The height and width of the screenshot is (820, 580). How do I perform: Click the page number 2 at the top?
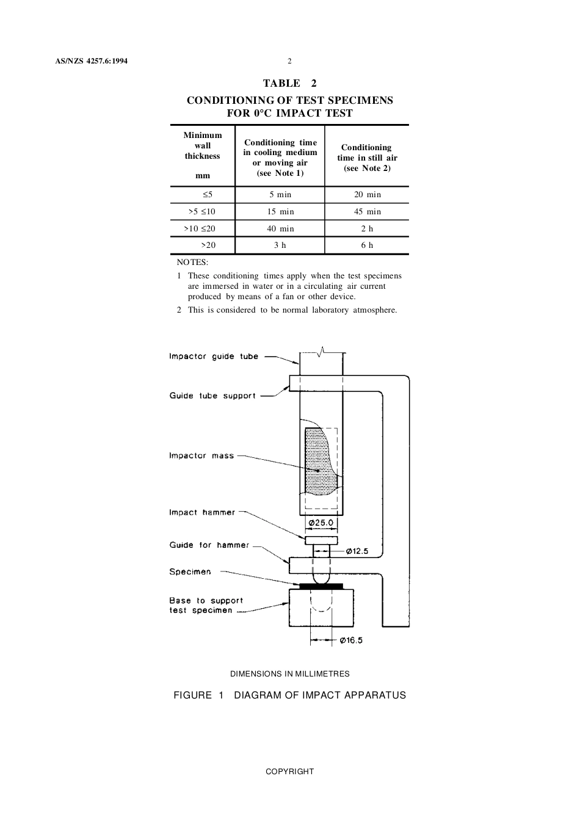pyautogui.click(x=289, y=61)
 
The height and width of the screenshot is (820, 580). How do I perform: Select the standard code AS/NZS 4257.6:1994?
pyautogui.click(x=87, y=61)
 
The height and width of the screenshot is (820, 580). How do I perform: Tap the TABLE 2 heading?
pyautogui.click(x=290, y=84)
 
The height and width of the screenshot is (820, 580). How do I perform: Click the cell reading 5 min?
pyautogui.click(x=280, y=195)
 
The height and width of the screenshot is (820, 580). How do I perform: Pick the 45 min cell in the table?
pyautogui.click(x=367, y=212)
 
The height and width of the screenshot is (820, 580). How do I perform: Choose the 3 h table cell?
pyautogui.click(x=280, y=245)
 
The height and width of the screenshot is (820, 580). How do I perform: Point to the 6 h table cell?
pyautogui.click(x=367, y=245)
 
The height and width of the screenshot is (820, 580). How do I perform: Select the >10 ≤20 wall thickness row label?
pyautogui.click(x=200, y=229)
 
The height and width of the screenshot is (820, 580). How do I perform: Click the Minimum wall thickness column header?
pyautogui.click(x=203, y=155)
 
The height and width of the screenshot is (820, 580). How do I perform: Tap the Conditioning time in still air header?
pyautogui.click(x=367, y=158)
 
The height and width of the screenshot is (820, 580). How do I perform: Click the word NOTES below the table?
pyautogui.click(x=192, y=263)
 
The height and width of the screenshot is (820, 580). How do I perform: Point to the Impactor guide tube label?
pyautogui.click(x=214, y=357)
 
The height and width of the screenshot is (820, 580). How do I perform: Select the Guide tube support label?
pyautogui.click(x=212, y=396)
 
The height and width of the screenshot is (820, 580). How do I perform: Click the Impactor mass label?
pyautogui.click(x=201, y=456)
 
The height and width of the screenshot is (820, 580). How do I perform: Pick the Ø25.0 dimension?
pyautogui.click(x=321, y=523)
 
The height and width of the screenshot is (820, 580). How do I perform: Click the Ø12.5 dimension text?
pyautogui.click(x=357, y=551)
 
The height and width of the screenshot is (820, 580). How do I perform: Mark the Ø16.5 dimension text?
pyautogui.click(x=351, y=640)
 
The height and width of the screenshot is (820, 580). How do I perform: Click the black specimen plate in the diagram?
pyautogui.click(x=321, y=587)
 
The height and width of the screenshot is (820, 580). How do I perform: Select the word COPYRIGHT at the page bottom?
pyautogui.click(x=289, y=772)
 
